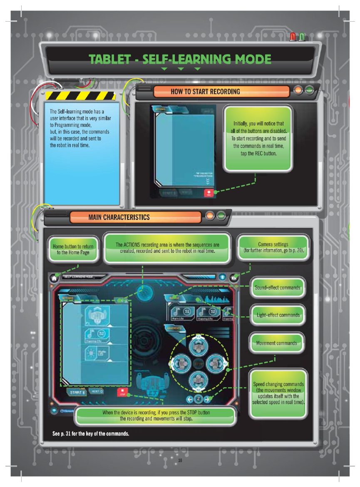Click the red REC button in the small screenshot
208,193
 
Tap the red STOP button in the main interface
122,392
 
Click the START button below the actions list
77,392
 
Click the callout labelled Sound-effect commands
278,288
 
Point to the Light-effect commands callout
278,315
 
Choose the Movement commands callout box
276,343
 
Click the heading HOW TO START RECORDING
205,91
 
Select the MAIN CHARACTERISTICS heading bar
119,217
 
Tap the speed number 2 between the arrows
199,399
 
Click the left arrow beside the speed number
190,399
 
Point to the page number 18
180,460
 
